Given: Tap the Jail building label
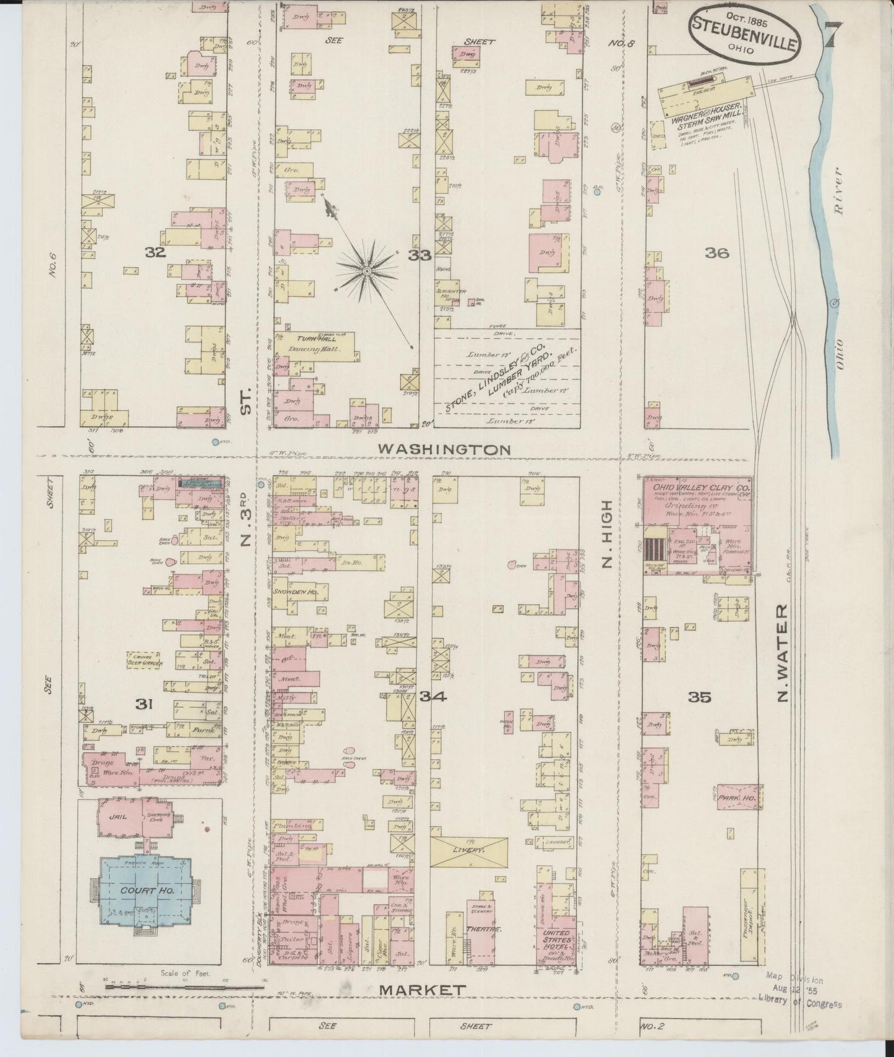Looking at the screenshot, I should [x=117, y=816].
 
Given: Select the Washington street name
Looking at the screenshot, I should [x=444, y=449].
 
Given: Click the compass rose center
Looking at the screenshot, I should [x=367, y=271].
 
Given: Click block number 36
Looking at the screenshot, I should [x=716, y=253].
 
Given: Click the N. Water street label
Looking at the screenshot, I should [x=783, y=654].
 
